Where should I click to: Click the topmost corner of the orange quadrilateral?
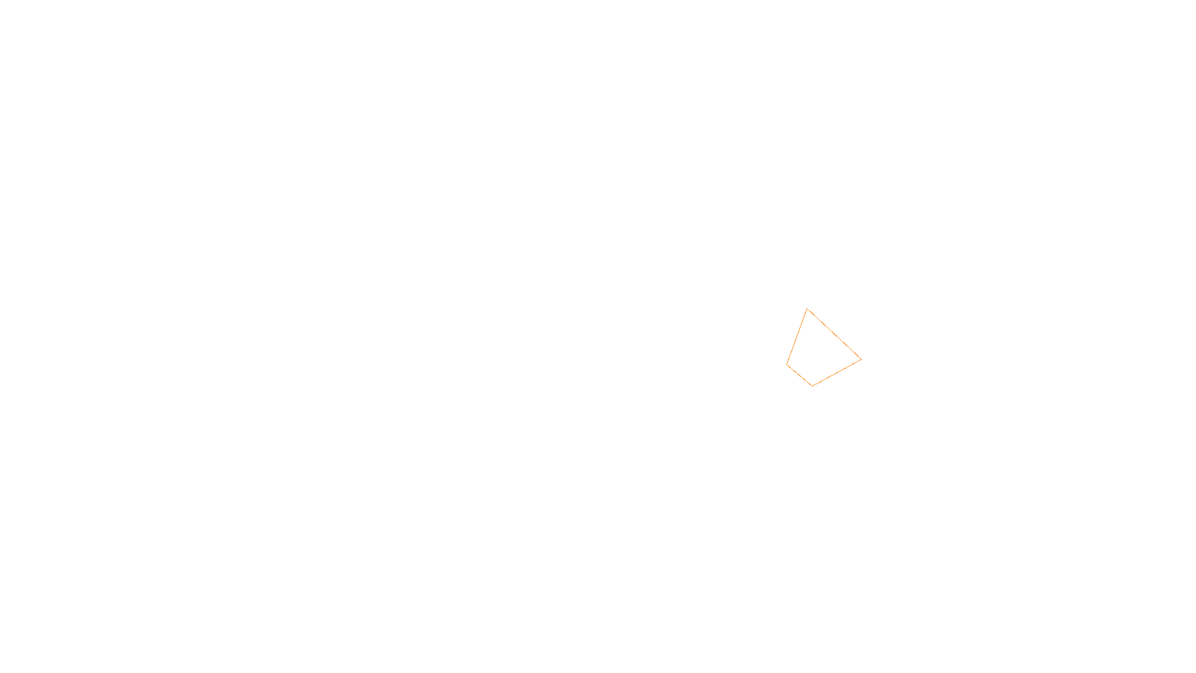[807, 309]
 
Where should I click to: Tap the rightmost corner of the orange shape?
[861, 360]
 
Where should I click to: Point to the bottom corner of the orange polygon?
[813, 386]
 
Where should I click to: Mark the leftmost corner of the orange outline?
[787, 364]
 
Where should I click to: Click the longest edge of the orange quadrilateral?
[834, 334]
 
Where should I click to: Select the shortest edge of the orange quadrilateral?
[800, 375]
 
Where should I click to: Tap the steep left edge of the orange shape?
[797, 336]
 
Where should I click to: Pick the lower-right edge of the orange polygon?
[837, 372]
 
